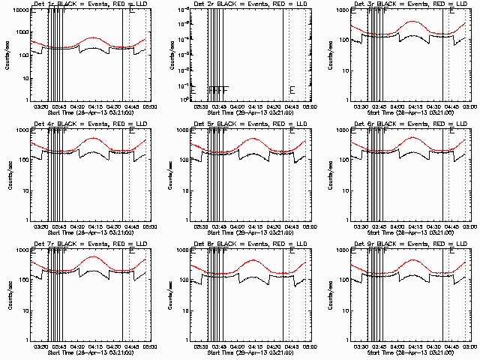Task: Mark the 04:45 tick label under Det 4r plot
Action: pos(131,226)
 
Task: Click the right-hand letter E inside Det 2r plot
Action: pos(292,91)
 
